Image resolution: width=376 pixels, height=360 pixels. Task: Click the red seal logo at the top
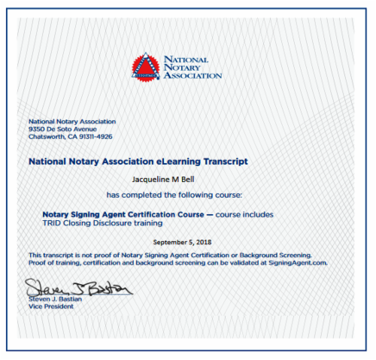pos(145,67)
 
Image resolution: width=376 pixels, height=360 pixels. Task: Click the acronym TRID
pos(53,223)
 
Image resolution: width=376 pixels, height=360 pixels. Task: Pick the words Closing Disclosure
pos(97,223)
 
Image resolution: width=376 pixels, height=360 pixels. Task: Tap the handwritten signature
pos(78,288)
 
